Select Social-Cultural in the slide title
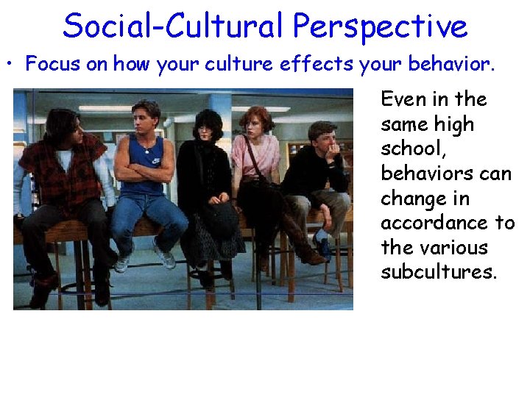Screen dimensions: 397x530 click(x=172, y=26)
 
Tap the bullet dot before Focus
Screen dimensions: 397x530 click(x=15, y=63)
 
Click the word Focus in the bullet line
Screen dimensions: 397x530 click(x=52, y=63)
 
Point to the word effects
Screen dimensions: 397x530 click(x=319, y=63)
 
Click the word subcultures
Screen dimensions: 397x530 click(x=439, y=272)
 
